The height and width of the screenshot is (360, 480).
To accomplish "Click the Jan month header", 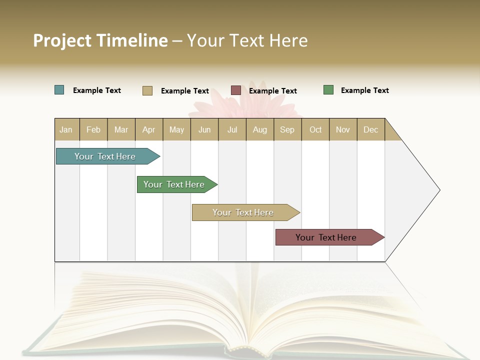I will tap(66, 130).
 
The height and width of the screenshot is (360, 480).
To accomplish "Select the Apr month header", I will tap(149, 130).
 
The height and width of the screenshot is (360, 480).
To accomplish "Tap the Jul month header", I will tap(232, 130).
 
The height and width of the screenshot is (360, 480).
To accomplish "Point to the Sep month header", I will tap(287, 130).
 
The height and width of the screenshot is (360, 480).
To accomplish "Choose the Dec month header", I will tap(370, 130).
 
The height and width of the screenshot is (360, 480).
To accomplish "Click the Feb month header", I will tap(93, 130).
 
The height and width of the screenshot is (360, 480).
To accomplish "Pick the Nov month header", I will tap(343, 130).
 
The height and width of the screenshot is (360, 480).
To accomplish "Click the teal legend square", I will tap(59, 90).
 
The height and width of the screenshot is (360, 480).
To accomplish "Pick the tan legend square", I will tap(147, 90).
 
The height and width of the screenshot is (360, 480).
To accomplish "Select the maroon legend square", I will tap(236, 90).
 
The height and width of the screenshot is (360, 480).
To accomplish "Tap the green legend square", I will tap(328, 90).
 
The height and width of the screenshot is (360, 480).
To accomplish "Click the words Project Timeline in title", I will tap(100, 40).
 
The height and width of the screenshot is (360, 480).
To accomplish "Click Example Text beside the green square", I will tap(364, 90).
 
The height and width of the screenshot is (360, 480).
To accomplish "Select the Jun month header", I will tap(204, 130).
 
